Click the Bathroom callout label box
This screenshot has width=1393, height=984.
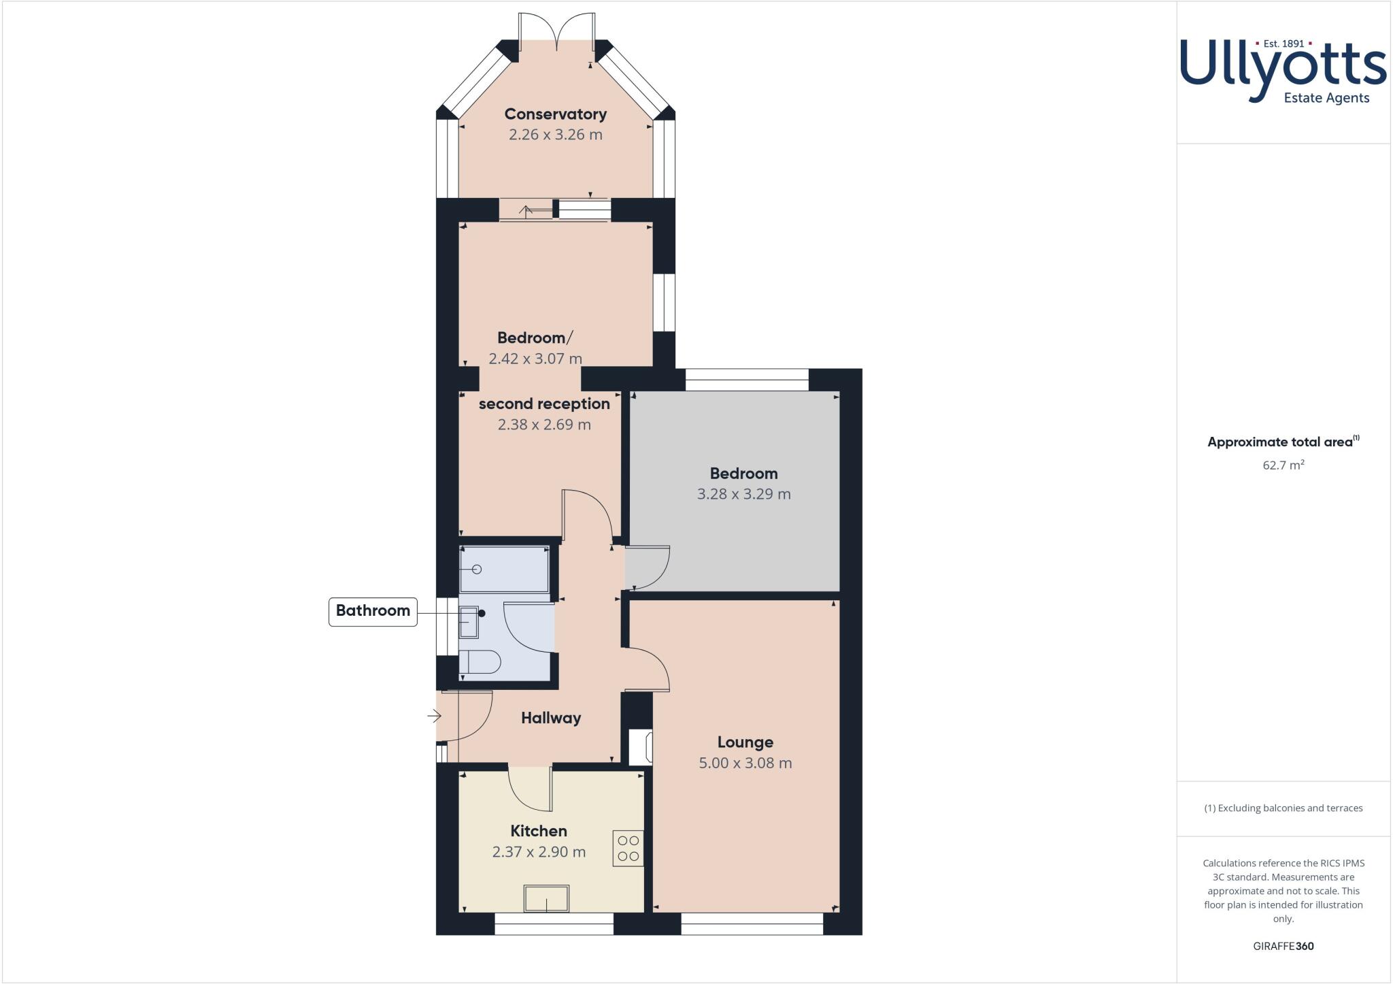[373, 611]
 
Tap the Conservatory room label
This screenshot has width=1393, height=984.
[555, 114]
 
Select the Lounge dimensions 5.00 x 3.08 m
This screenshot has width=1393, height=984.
[745, 764]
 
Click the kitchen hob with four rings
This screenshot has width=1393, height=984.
[628, 849]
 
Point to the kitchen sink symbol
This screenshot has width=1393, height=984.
[546, 898]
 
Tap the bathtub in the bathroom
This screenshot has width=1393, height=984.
[504, 570]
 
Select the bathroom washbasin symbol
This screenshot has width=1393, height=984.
[469, 622]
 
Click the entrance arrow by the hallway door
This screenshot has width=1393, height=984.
[434, 716]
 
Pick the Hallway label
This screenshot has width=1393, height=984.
[551, 718]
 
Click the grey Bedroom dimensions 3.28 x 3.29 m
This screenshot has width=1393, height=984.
[743, 495]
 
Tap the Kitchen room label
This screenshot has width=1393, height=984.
[539, 831]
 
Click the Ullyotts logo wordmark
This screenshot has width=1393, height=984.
[1282, 68]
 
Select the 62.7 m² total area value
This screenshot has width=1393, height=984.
[1283, 466]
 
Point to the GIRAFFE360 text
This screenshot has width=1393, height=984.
[1283, 947]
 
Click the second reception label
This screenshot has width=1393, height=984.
[544, 404]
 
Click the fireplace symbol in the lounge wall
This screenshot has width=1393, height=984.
[641, 747]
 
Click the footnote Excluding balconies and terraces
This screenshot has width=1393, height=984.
[1283, 808]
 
